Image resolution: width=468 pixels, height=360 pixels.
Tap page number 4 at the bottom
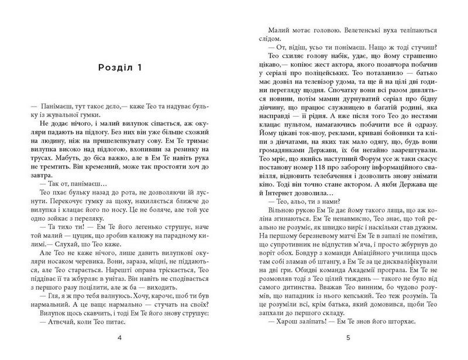(119, 338)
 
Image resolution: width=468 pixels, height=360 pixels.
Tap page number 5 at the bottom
(347, 338)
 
